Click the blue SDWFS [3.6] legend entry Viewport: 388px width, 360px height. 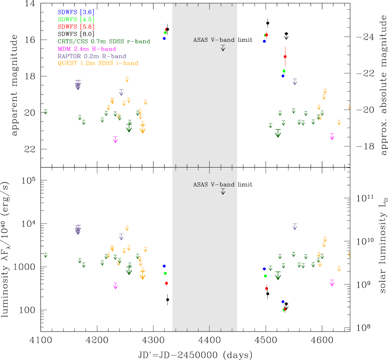coord(76,12)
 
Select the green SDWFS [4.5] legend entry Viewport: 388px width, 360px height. coord(76,20)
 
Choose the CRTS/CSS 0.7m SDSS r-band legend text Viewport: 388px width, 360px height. coord(104,42)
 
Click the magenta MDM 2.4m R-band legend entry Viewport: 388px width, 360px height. coord(87,49)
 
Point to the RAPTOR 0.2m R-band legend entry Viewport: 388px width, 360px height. coord(92,56)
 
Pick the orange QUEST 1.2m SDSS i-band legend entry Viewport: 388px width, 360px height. coord(98,64)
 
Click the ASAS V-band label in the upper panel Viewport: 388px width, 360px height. coord(214,40)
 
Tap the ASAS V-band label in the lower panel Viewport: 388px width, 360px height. coord(214,184)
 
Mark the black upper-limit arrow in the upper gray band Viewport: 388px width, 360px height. coord(223,48)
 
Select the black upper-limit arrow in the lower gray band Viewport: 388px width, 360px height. coord(223,192)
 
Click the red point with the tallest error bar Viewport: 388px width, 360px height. coord(285,56)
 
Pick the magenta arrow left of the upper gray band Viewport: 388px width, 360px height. coord(116,140)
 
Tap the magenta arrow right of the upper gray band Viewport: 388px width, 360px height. coord(332,137)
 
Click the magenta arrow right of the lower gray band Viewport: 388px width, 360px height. coord(332,283)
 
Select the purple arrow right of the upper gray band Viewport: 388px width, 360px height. coord(295,82)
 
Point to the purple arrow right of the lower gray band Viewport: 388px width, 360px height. coord(295,227)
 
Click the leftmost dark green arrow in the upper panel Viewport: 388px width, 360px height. coord(45,112)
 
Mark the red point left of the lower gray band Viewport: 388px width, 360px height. coord(166,283)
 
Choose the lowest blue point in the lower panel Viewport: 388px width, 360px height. coord(283,301)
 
